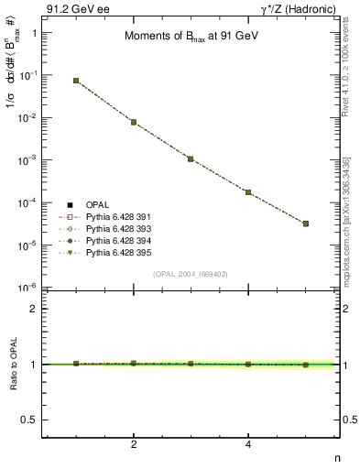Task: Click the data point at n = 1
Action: [76, 81]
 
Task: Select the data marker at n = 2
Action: [134, 122]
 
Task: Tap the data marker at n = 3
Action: [191, 158]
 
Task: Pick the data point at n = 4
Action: [248, 192]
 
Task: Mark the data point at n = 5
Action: [306, 224]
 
